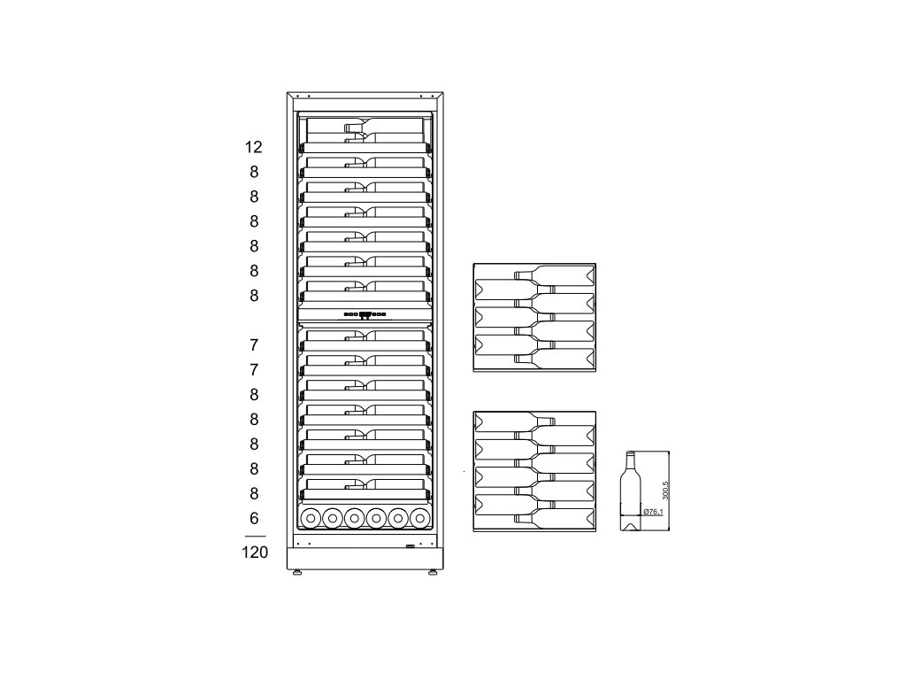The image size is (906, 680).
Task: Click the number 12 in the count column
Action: pyautogui.click(x=254, y=148)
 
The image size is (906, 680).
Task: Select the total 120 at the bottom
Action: pyautogui.click(x=255, y=552)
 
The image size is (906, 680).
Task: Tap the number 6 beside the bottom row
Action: pyautogui.click(x=254, y=519)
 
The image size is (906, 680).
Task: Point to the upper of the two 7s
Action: pyautogui.click(x=254, y=345)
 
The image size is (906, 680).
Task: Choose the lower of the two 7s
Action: pyautogui.click(x=254, y=370)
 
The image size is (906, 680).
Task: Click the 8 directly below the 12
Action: pyautogui.click(x=254, y=173)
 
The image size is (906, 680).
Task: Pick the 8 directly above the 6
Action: pyautogui.click(x=254, y=494)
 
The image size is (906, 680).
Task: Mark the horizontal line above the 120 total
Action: pyautogui.click(x=255, y=537)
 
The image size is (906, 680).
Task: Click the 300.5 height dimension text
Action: pyautogui.click(x=665, y=491)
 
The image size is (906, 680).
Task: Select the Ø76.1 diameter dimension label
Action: pyautogui.click(x=653, y=512)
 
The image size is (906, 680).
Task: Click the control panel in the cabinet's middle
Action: pyautogui.click(x=365, y=314)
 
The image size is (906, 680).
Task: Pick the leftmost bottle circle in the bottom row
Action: pyautogui.click(x=311, y=518)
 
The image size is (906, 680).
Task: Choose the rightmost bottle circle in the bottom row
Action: pyautogui.click(x=420, y=518)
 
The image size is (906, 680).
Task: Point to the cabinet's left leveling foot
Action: pyautogui.click(x=297, y=574)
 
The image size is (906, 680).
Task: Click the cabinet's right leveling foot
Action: pyautogui.click(x=433, y=574)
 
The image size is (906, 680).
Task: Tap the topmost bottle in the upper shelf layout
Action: pyautogui.click(x=554, y=274)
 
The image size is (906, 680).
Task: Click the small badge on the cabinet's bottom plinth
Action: pyautogui.click(x=411, y=545)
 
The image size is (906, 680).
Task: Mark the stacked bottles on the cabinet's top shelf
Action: pyautogui.click(x=384, y=132)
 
